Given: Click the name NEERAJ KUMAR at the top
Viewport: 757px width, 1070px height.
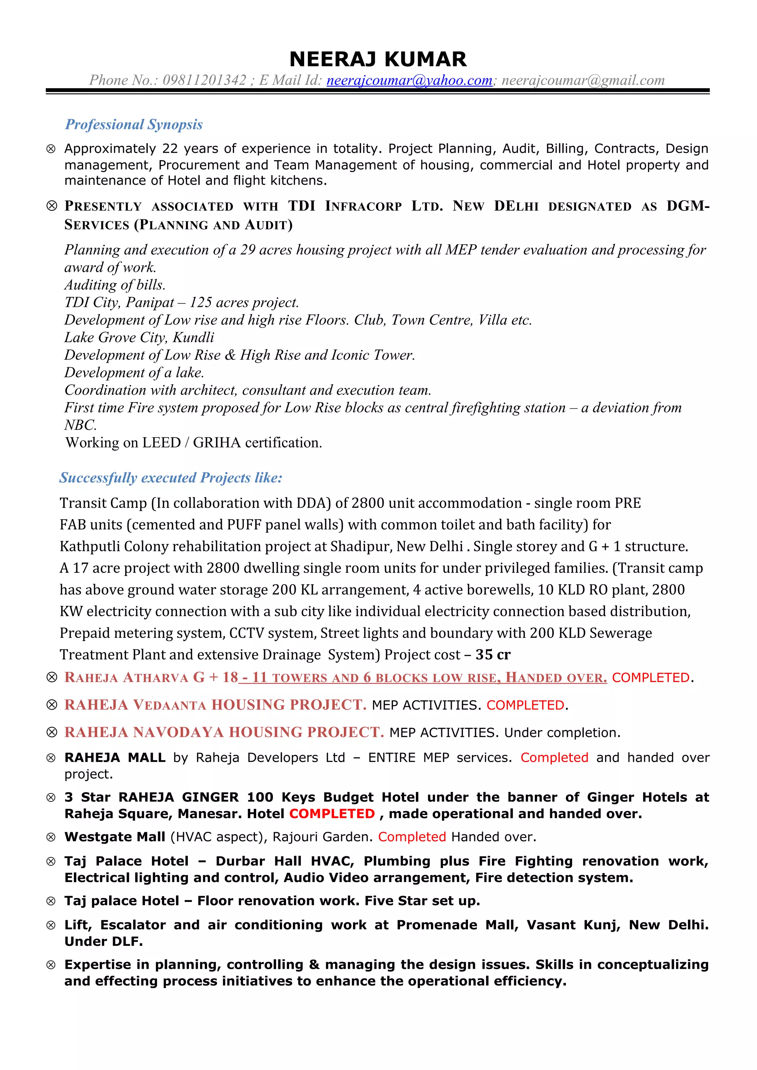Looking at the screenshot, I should click(378, 59).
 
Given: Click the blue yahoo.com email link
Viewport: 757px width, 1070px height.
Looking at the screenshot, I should click(409, 80).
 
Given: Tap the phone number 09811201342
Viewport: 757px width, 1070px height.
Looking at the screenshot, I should click(204, 80).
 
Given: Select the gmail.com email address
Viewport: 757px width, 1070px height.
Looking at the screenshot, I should click(583, 80).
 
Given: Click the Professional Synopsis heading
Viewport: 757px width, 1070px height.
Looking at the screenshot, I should click(133, 124).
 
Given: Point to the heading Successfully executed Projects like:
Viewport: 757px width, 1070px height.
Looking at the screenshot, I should click(171, 478).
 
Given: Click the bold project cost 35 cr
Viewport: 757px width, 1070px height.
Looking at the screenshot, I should click(493, 655).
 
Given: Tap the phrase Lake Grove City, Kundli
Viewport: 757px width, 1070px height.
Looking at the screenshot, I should click(139, 337).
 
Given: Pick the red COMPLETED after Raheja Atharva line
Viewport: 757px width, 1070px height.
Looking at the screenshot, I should click(651, 678).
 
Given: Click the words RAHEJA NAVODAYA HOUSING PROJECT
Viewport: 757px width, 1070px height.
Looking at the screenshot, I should click(224, 732).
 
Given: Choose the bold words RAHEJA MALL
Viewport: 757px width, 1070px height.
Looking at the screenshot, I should click(115, 758).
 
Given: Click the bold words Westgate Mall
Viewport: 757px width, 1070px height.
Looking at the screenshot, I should click(115, 837).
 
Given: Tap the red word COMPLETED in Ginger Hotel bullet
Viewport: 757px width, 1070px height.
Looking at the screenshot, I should click(332, 814).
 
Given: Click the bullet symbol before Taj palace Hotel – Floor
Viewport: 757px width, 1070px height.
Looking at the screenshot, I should click(51, 901).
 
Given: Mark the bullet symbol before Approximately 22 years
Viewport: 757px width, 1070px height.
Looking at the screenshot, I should click(51, 149).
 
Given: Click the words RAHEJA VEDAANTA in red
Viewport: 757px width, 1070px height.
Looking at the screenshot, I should click(135, 705).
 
